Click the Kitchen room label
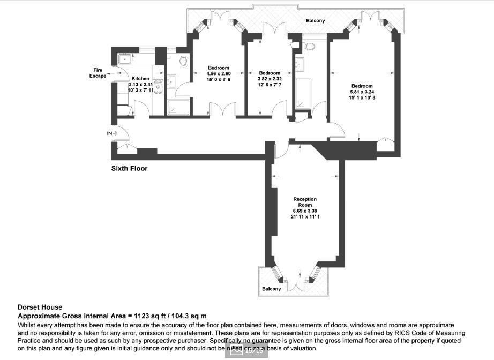[x=140, y=78]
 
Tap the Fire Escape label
[x=98, y=73]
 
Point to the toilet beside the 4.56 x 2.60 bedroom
[x=183, y=60]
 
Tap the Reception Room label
[x=305, y=202]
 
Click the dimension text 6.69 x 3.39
[x=305, y=211]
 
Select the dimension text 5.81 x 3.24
[x=362, y=92]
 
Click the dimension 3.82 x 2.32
[x=270, y=79]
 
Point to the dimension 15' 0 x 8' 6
[x=219, y=79]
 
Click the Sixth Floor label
[x=129, y=168]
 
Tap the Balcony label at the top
[x=315, y=21]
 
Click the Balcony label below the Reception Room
[x=271, y=289]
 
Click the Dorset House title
[x=40, y=307]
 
